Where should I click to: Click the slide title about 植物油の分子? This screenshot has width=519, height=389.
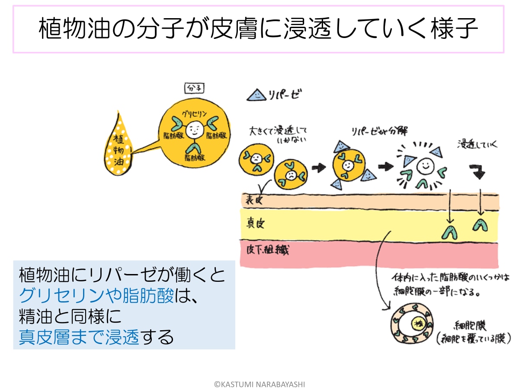pyautogui.click(x=258, y=29)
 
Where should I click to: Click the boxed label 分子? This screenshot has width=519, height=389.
pyautogui.click(x=194, y=89)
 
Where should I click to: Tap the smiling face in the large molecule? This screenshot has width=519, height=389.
pyautogui.click(x=192, y=128)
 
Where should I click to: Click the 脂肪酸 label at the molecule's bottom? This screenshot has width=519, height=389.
pyautogui.click(x=194, y=158)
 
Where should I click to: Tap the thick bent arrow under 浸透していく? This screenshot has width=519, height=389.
pyautogui.click(x=478, y=172)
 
